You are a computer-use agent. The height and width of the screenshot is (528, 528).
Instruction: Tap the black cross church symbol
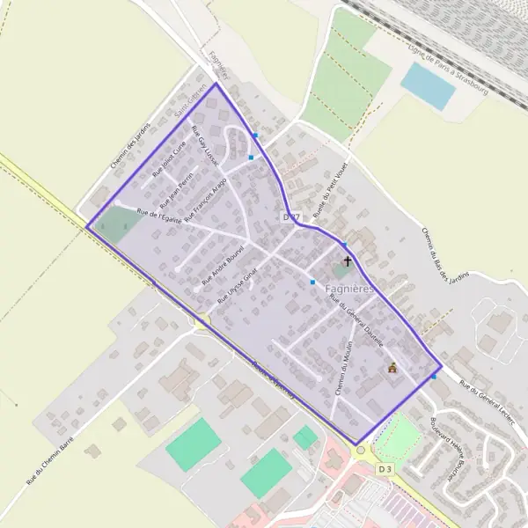[348, 261]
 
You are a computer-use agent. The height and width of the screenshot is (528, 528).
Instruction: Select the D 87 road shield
[292, 216]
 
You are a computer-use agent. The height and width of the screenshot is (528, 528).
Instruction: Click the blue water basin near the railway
[429, 84]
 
